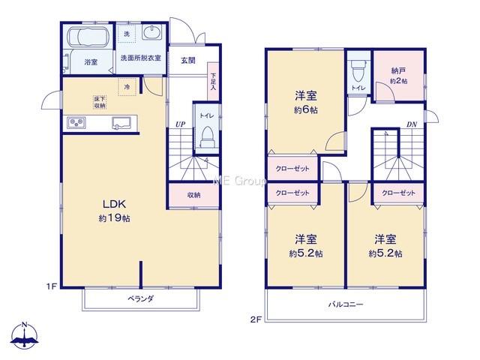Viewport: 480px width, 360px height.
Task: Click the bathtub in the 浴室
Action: click(88, 37)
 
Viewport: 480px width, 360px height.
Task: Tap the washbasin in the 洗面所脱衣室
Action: click(151, 33)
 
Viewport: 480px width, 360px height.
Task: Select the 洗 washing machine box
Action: click(127, 34)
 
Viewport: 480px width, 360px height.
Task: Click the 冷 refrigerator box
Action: click(127, 87)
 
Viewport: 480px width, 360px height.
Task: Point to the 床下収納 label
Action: click(100, 102)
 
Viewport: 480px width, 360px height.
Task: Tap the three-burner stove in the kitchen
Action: click(76, 123)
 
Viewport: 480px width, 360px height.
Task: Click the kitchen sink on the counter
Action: click(121, 123)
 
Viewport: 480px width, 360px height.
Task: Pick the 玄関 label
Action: click(187, 61)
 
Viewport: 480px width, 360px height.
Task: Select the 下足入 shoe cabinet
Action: click(213, 81)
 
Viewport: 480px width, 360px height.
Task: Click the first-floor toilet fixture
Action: click(207, 137)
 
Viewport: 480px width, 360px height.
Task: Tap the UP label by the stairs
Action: click(180, 124)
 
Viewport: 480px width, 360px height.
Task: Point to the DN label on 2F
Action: click(412, 124)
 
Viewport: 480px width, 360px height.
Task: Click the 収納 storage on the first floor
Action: click(193, 195)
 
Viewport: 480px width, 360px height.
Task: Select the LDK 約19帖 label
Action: click(115, 210)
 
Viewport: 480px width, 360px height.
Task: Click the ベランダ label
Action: click(141, 298)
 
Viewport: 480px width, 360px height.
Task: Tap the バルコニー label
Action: click(346, 304)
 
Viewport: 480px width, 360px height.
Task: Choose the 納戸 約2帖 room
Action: click(399, 76)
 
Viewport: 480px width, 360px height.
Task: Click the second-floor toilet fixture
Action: click(358, 71)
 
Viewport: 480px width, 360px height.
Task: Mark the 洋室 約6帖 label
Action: click(306, 102)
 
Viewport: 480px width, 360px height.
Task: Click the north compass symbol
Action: click(25, 336)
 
